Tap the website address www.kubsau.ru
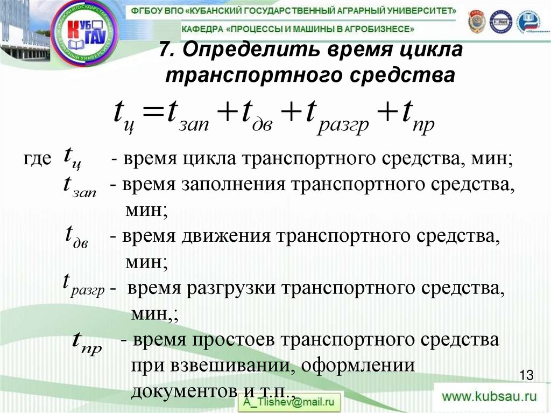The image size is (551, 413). tap(489, 397)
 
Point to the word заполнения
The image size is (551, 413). tap(235, 185)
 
